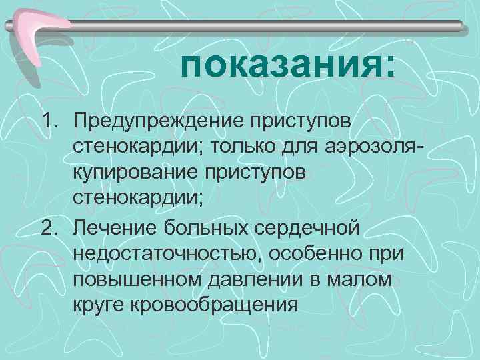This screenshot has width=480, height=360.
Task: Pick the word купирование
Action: (x=137, y=172)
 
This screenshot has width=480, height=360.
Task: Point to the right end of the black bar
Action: (x=460, y=26)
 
